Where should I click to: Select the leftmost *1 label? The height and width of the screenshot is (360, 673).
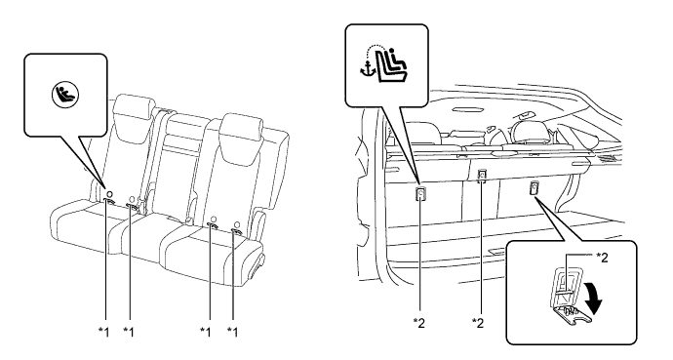pos(103,332)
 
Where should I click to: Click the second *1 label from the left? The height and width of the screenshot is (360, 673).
pos(129,332)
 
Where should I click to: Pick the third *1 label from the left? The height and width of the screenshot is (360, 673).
pos(206,332)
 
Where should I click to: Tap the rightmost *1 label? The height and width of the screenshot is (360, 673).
pos(232,332)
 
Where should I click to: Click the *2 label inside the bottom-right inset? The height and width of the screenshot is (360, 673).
pos(602,257)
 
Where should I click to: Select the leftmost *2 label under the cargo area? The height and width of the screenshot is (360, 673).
pos(418,323)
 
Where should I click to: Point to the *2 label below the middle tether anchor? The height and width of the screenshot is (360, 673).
pos(477,323)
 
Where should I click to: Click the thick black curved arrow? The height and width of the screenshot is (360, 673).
pos(594,297)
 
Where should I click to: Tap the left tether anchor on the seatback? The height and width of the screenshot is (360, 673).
pos(420,194)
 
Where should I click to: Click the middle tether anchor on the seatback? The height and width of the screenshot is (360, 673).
pos(482,175)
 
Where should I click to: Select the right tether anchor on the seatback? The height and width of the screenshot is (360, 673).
pos(534,187)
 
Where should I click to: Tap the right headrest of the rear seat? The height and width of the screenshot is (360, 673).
pos(241,129)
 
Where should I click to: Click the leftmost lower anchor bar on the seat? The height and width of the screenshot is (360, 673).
pos(109,201)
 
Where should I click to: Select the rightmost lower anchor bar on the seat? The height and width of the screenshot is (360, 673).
pos(237,232)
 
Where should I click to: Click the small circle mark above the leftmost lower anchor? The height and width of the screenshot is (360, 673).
pos(109,193)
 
